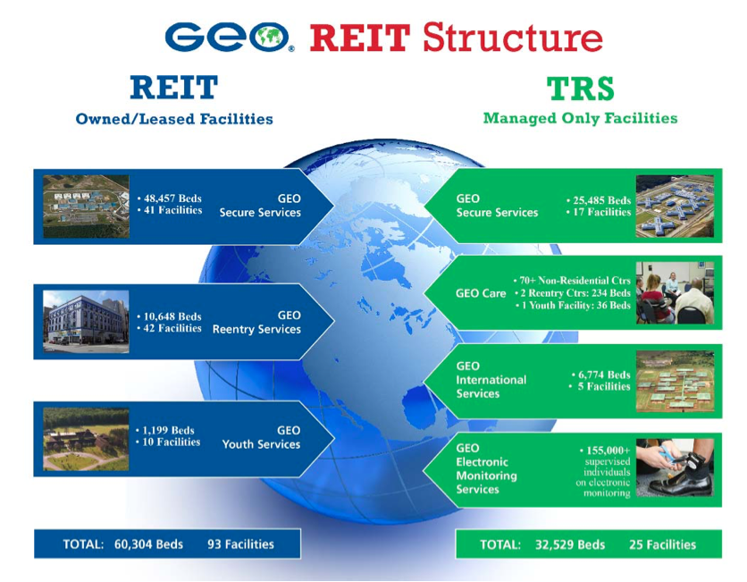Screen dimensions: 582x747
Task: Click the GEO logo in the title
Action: click(229, 38)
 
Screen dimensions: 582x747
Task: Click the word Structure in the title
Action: click(512, 38)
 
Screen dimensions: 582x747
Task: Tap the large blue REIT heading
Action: click(173, 88)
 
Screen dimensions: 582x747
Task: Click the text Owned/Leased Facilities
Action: click(174, 119)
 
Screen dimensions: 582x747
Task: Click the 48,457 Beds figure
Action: click(170, 198)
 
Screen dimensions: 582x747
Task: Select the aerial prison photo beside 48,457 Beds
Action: click(86, 207)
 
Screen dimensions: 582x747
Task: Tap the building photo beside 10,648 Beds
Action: click(86, 322)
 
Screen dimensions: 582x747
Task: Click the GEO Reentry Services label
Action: click(256, 323)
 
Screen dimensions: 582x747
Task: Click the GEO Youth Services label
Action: click(261, 437)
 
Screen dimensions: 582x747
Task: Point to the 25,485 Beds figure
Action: click(599, 200)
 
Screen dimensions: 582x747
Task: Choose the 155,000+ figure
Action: click(606, 451)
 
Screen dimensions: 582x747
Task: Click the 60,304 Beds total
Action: click(148, 544)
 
